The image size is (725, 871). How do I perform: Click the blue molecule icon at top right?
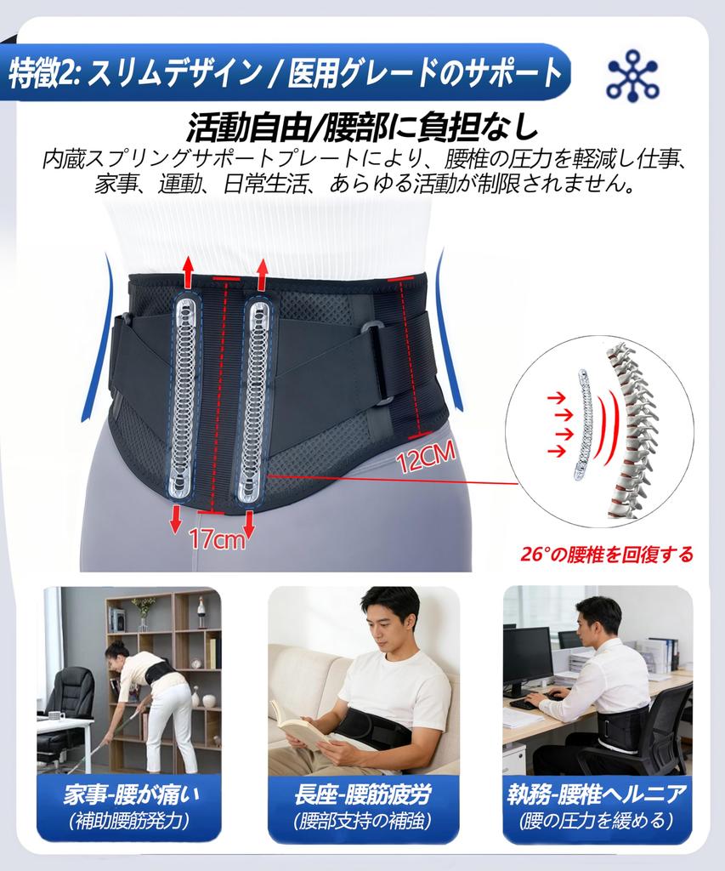(x=632, y=76)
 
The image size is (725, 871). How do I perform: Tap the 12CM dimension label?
(x=426, y=460)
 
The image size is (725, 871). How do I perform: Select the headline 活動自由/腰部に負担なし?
(x=362, y=128)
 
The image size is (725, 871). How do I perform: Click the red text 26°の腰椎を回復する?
(x=607, y=555)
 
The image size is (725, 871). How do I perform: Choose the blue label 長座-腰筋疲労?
(x=362, y=795)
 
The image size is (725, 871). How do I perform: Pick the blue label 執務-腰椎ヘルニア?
(x=597, y=795)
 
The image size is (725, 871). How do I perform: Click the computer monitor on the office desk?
(x=527, y=655)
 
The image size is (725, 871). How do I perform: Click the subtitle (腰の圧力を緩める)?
(x=597, y=822)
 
